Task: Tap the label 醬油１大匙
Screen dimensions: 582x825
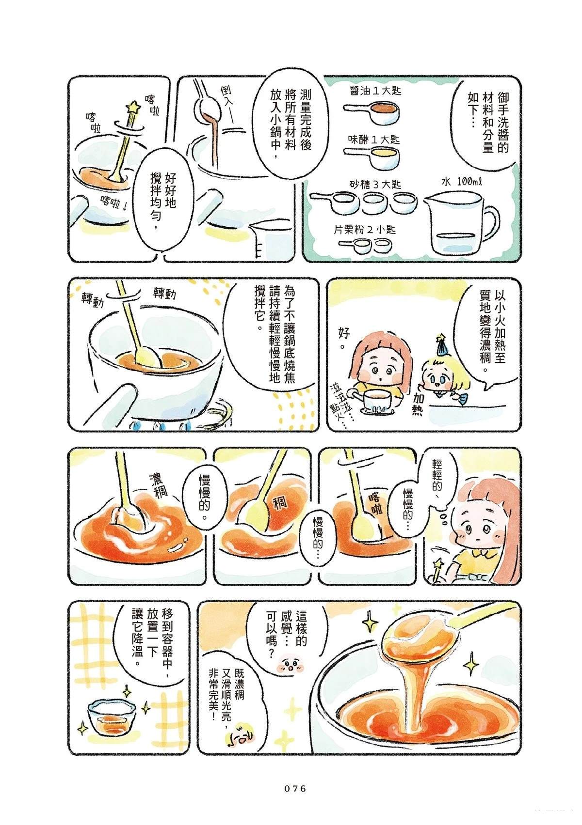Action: pyautogui.click(x=375, y=91)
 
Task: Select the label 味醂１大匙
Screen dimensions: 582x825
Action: pyautogui.click(x=374, y=140)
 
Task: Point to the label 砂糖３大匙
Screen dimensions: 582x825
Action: pyautogui.click(x=375, y=184)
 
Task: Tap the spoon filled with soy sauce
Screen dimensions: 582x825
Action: pyautogui.click(x=372, y=110)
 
